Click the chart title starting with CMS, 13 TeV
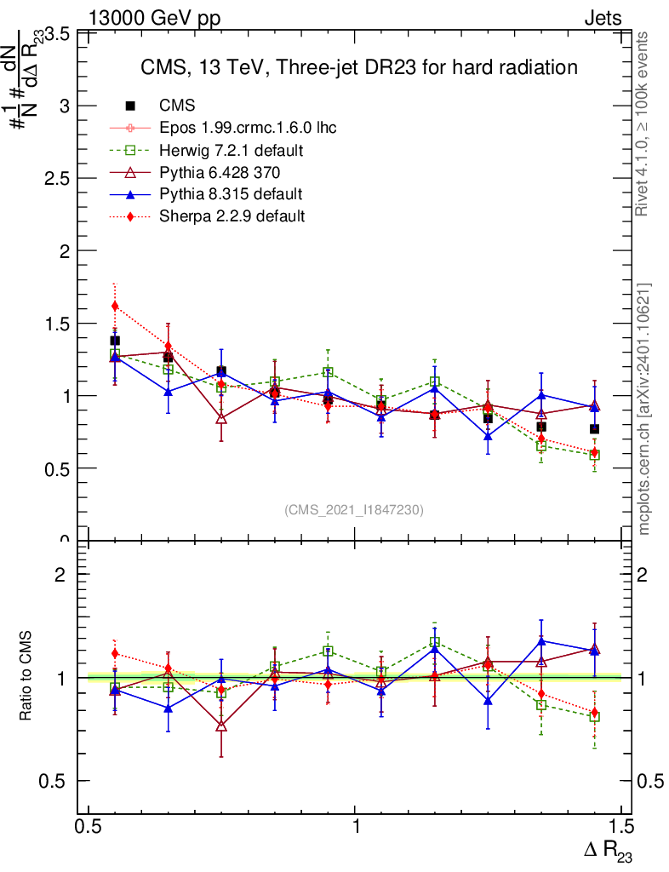coord(359,67)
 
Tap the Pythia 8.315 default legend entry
coord(231,194)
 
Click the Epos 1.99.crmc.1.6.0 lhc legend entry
coord(248,128)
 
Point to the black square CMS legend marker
coord(130,106)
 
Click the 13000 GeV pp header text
coord(153,19)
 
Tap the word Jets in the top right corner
coord(602,19)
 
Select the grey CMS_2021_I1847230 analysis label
coord(353,510)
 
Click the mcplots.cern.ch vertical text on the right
coord(645,409)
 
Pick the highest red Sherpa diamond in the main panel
coord(115,306)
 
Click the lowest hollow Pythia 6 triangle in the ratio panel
coord(221,726)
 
